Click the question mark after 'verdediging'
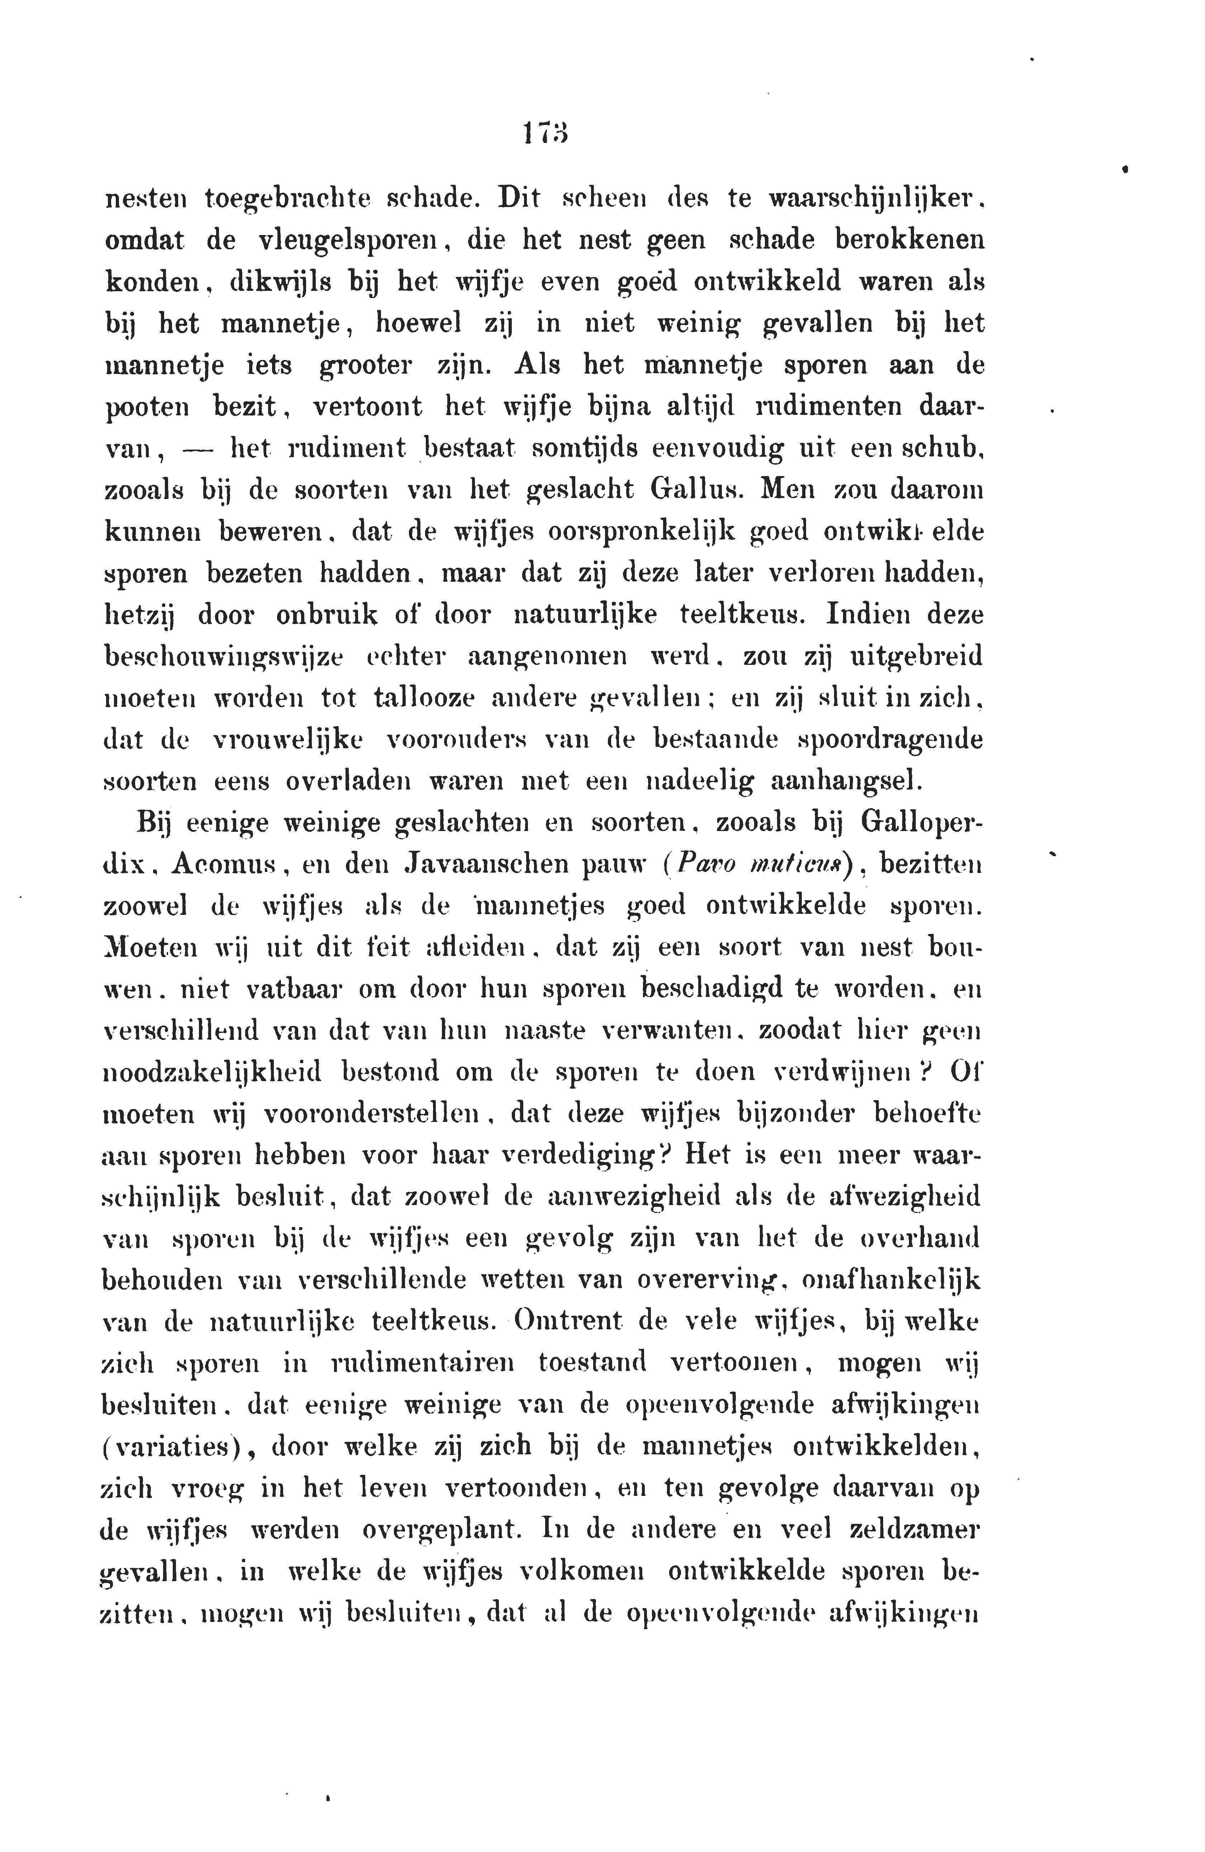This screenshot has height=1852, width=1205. tap(664, 1157)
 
